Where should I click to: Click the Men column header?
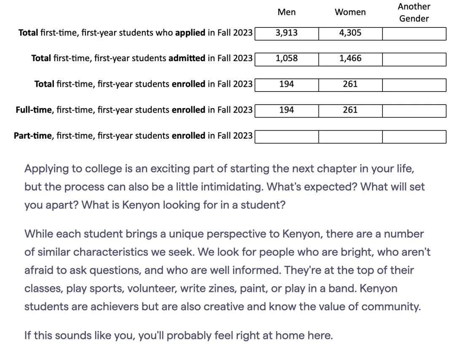[286, 12]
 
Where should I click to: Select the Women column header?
[350, 12]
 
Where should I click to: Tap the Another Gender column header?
[414, 12]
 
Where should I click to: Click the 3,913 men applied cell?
[286, 33]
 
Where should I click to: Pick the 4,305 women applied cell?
[350, 33]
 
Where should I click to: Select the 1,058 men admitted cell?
[286, 59]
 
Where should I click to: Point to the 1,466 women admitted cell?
[350, 59]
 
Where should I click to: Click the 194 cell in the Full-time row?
[286, 110]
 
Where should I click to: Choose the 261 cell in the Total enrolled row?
[350, 84]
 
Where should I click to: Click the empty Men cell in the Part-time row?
[286, 136]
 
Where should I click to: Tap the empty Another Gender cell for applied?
[414, 33]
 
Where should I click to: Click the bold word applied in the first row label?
[190, 33]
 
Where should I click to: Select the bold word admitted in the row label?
[187, 59]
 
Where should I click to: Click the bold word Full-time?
[34, 110]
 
